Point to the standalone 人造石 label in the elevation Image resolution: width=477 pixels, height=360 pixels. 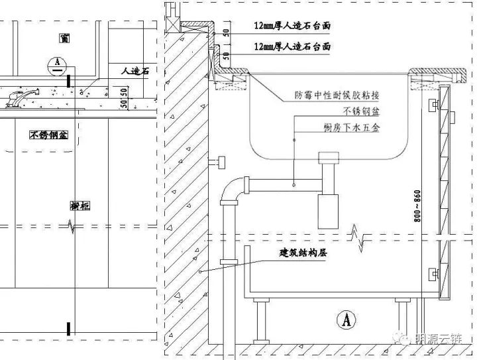135,70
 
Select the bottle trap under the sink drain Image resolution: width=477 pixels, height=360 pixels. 327,207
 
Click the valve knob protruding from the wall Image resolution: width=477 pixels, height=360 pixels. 218,162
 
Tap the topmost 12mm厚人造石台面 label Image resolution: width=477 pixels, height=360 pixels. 292,27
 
